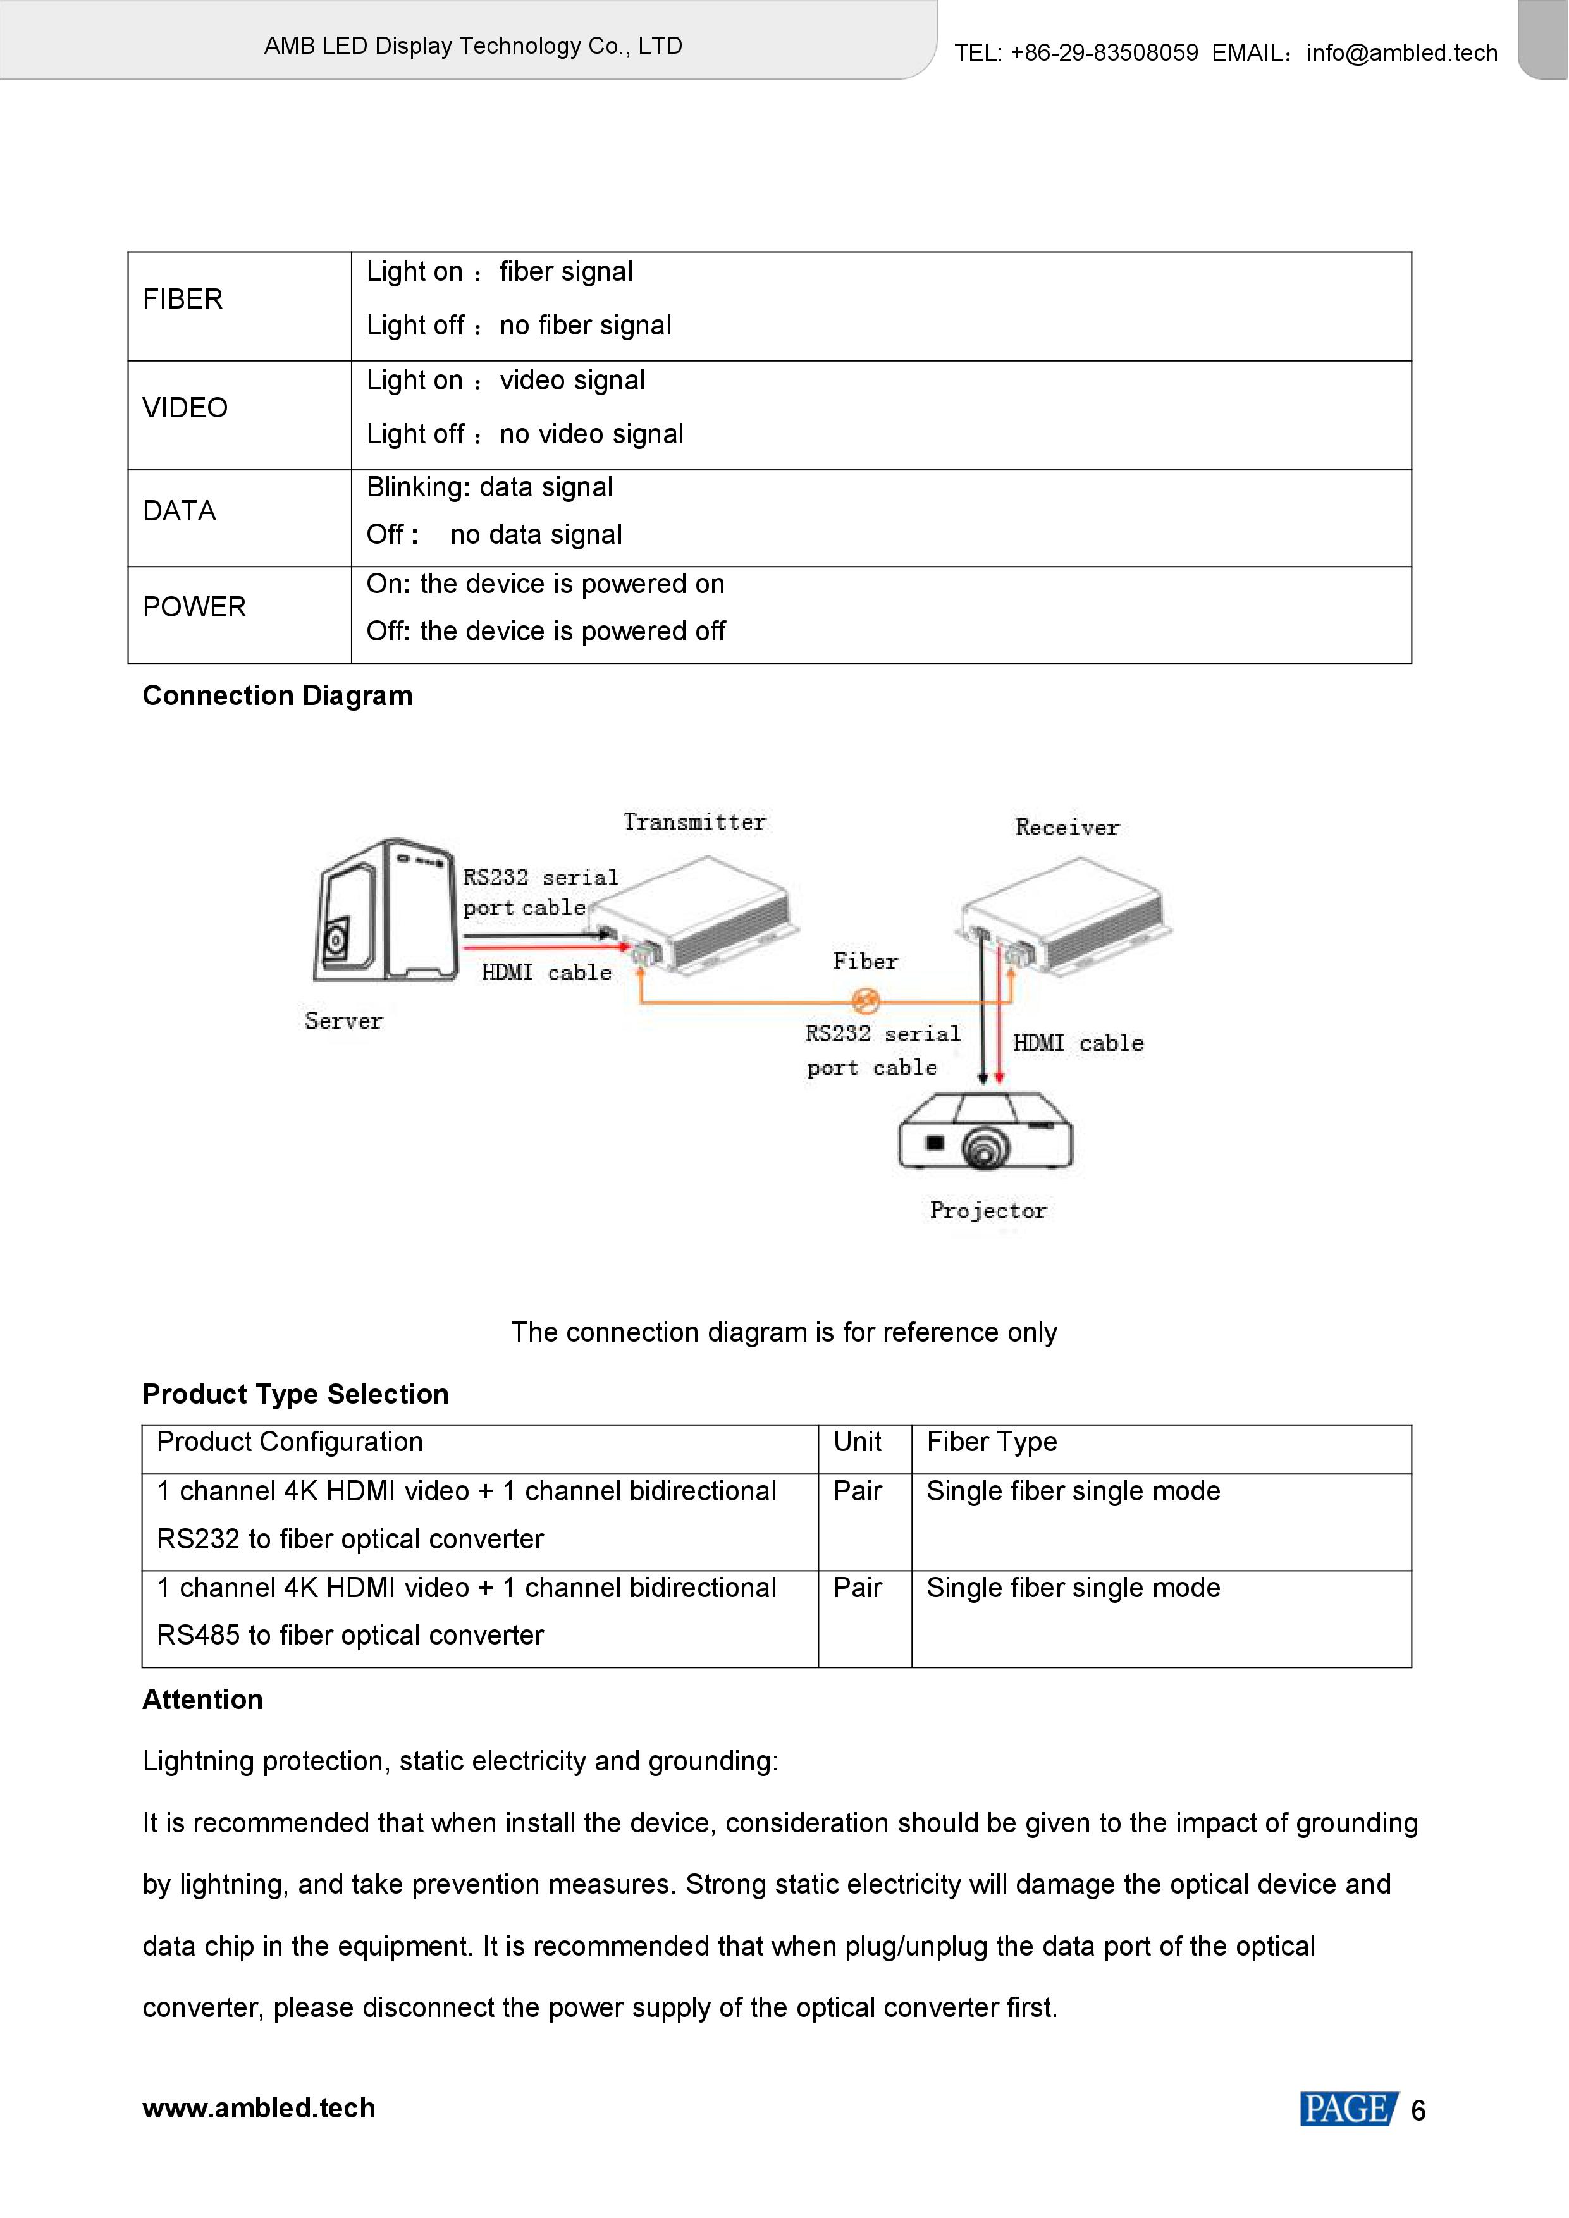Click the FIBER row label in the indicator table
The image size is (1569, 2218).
tap(183, 300)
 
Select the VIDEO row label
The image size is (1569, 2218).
tap(185, 408)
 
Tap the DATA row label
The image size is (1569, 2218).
tap(179, 511)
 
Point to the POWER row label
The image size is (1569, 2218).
tap(194, 607)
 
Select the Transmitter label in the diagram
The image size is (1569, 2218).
tap(694, 822)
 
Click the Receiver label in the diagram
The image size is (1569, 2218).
tap(1067, 827)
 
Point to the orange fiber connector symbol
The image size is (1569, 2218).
tap(866, 1001)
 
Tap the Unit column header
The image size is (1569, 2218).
tap(857, 1442)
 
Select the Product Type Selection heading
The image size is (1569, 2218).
tap(295, 1394)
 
